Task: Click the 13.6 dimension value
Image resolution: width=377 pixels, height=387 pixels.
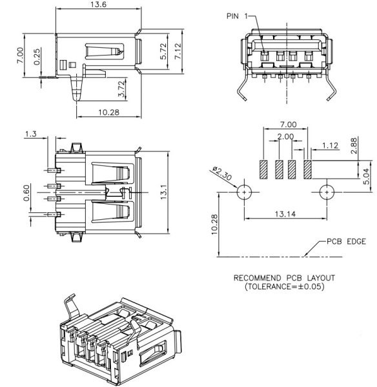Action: tap(98, 5)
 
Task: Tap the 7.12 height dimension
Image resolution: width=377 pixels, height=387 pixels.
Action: tap(178, 51)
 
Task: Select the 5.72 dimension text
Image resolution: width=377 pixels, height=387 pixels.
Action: tap(163, 52)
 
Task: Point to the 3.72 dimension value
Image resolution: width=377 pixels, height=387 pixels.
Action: tap(121, 89)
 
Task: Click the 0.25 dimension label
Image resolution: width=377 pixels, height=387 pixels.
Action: tap(37, 57)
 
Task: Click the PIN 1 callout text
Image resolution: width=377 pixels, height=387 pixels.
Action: tap(237, 16)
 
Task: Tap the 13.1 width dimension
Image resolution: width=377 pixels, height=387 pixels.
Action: tap(163, 192)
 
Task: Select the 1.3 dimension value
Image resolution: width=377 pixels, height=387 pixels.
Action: tap(30, 134)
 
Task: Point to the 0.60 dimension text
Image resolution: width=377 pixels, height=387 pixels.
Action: tap(26, 193)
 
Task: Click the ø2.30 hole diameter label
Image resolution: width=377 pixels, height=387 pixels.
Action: tap(222, 174)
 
